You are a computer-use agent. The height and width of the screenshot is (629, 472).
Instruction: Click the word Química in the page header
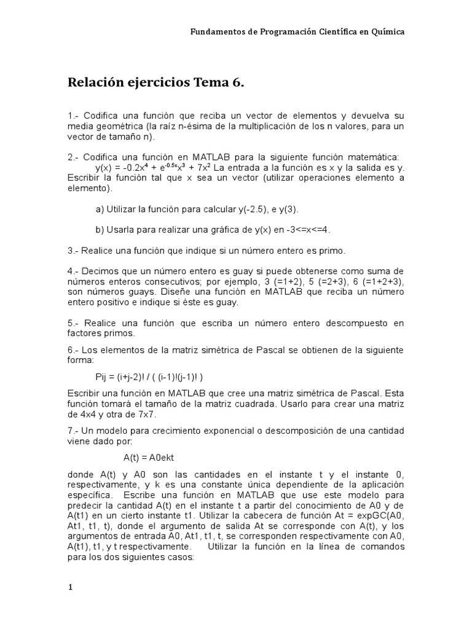point(385,32)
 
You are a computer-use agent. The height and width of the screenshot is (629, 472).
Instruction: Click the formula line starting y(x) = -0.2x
point(158,168)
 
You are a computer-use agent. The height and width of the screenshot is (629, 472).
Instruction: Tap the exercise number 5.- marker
point(74,323)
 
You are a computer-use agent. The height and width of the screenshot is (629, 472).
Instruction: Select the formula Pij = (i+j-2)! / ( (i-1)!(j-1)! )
point(149,376)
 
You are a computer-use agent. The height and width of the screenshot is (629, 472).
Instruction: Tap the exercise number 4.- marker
point(74,272)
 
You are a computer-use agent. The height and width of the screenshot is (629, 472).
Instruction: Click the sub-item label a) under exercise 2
point(100,209)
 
